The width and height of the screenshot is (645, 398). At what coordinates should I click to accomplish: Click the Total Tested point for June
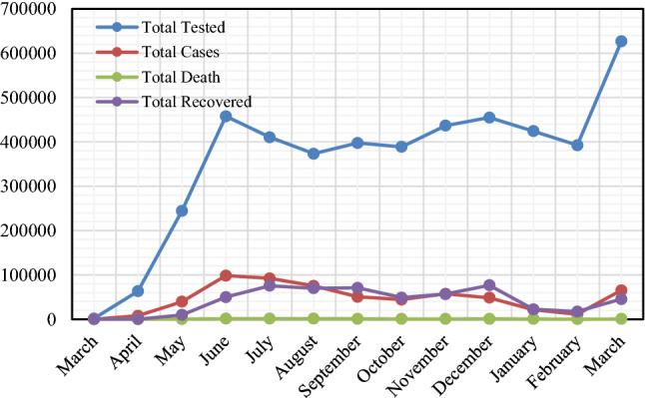tap(226, 117)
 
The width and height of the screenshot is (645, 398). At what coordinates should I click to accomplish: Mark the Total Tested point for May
tap(182, 210)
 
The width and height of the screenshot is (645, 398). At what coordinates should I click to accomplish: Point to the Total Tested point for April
tap(138, 291)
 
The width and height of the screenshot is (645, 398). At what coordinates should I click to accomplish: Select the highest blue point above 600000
tap(621, 41)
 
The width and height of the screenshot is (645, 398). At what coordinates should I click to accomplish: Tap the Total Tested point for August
tap(314, 154)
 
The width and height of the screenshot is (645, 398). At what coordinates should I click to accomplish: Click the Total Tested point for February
tap(577, 145)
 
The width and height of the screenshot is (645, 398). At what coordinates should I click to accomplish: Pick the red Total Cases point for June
tap(226, 275)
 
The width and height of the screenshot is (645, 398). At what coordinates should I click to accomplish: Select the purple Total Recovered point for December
tap(489, 285)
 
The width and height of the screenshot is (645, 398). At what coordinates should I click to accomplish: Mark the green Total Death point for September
tap(357, 318)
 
